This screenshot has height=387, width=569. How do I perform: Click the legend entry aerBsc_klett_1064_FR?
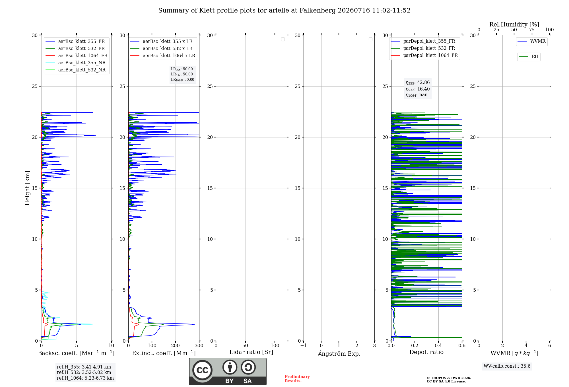(x=77, y=55)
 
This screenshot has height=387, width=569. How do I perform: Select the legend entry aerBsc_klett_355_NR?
(x=76, y=63)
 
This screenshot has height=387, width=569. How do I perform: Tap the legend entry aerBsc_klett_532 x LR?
(x=161, y=48)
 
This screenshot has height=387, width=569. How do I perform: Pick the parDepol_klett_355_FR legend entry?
(x=423, y=41)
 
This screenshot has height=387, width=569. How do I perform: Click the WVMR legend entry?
(x=531, y=41)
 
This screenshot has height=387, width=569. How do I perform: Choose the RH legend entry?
(x=529, y=57)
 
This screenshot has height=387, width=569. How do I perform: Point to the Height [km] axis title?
(x=27, y=188)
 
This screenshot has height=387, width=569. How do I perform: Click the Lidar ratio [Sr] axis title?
(x=251, y=352)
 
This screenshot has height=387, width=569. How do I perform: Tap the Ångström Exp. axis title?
(x=339, y=353)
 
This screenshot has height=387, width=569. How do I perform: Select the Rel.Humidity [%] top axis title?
(x=514, y=24)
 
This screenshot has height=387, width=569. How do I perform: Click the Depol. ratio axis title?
(x=426, y=352)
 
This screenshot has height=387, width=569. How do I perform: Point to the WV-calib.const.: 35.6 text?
(x=507, y=366)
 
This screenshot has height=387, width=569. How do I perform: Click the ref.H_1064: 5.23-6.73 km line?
(x=85, y=378)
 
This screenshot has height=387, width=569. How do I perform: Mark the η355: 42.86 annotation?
(x=418, y=83)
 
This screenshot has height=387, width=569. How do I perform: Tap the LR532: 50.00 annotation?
(x=182, y=74)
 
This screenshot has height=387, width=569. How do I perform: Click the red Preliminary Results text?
(x=297, y=379)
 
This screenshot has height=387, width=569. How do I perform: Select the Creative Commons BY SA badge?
(x=228, y=371)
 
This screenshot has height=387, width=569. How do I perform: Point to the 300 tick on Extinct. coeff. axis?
(x=199, y=345)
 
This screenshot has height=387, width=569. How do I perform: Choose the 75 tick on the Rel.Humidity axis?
(x=532, y=30)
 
